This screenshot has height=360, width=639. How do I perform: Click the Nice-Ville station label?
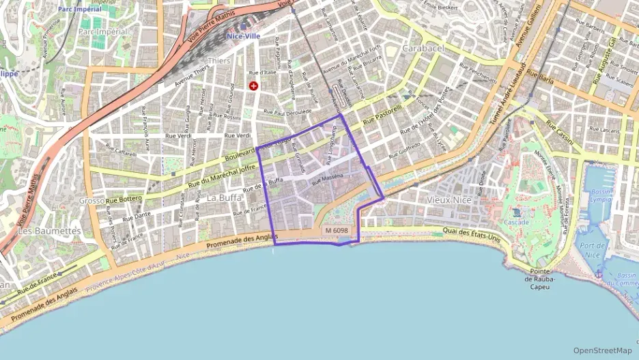[244, 36]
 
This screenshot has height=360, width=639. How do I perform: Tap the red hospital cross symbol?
[254, 86]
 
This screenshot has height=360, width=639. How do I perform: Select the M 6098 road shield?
[337, 231]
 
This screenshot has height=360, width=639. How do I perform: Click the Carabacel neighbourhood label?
[423, 49]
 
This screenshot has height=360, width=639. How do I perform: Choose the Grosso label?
[91, 201]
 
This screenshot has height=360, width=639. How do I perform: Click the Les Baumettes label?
[49, 231]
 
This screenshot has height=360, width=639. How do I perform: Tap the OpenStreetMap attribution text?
[602, 350]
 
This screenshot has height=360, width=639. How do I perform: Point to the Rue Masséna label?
[326, 180]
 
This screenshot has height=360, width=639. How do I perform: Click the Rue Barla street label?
[540, 77]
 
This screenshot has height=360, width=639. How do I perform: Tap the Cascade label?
[516, 223]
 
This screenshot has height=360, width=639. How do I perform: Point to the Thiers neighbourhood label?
[218, 61]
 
